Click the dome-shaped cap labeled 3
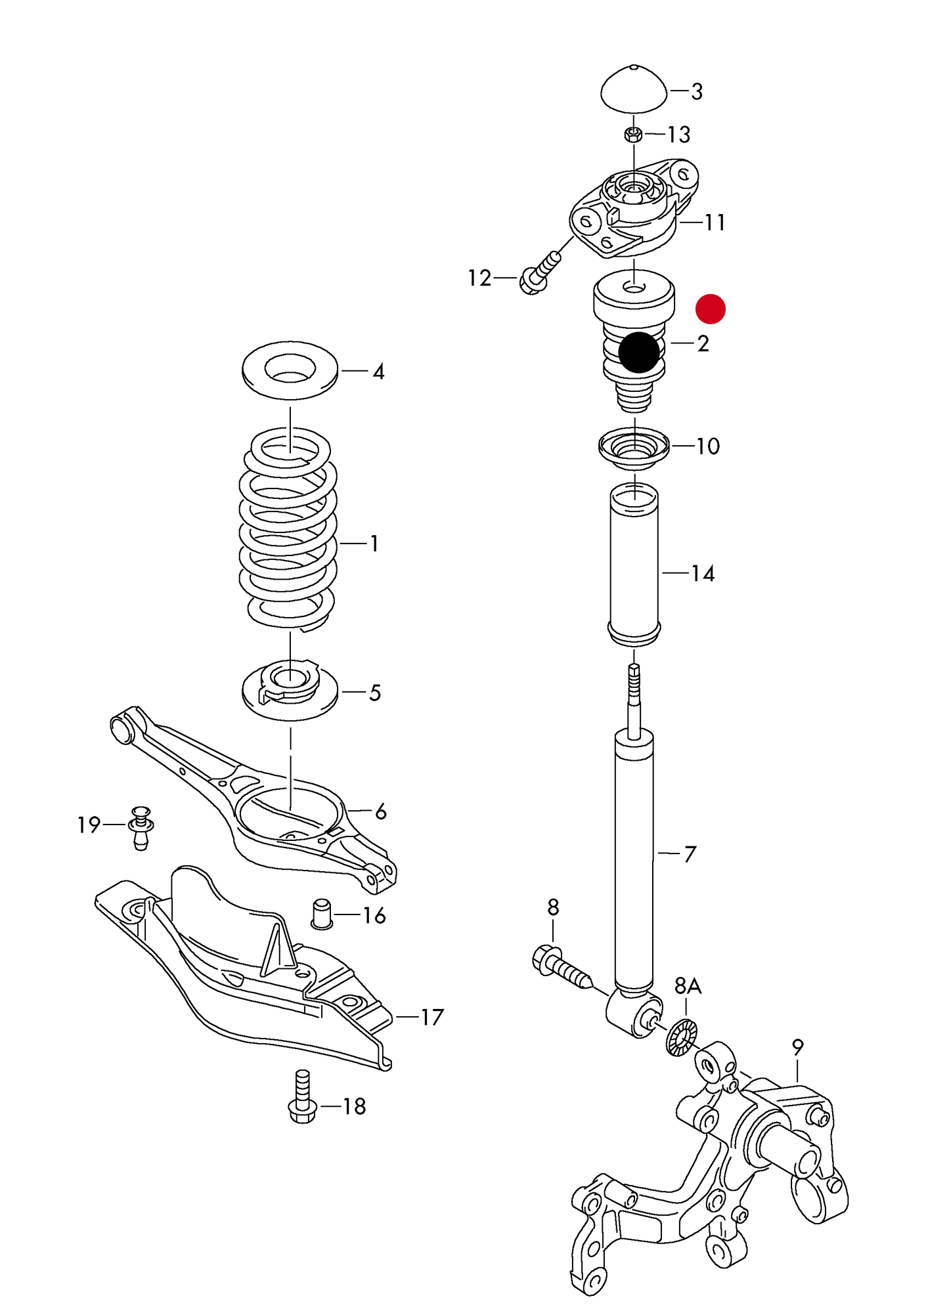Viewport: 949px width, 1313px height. (x=634, y=90)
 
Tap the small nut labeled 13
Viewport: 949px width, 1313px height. (x=633, y=135)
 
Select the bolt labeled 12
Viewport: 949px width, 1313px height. (x=540, y=274)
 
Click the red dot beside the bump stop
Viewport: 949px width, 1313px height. (x=710, y=309)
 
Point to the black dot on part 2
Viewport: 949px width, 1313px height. (x=638, y=352)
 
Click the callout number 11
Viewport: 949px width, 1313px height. (x=715, y=223)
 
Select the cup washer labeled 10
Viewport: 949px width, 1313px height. (x=634, y=449)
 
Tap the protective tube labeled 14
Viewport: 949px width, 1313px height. (x=634, y=565)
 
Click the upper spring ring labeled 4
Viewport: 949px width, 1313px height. (x=290, y=370)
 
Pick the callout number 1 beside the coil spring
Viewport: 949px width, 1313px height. (x=374, y=544)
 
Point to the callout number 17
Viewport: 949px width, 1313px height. (x=432, y=1017)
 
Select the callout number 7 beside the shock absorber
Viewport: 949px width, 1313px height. (x=690, y=854)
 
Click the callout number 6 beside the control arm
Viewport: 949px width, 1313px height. (x=380, y=812)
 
